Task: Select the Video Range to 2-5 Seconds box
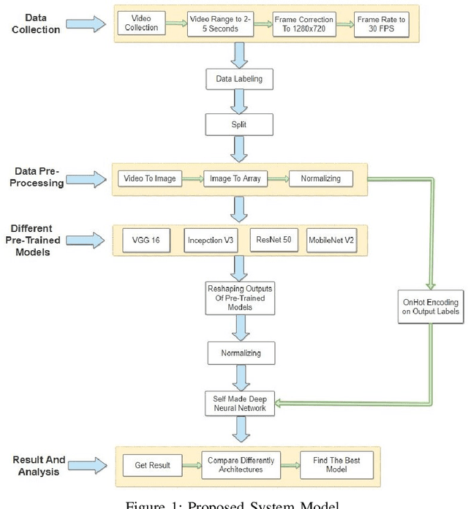[x=219, y=24]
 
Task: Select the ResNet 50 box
[x=274, y=241]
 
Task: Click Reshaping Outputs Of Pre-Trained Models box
[x=240, y=295]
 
